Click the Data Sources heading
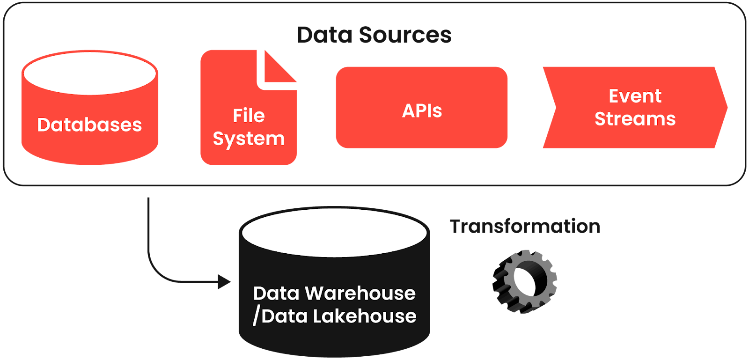(x=374, y=35)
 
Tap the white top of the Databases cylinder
(x=89, y=73)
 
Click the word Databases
(x=89, y=125)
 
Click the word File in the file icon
(x=249, y=116)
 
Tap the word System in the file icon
(x=249, y=139)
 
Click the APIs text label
(x=422, y=111)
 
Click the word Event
(x=635, y=96)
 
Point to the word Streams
(x=635, y=119)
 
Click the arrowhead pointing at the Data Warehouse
(x=224, y=282)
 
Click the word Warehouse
(x=360, y=294)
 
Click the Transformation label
(x=525, y=227)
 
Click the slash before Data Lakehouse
(x=256, y=316)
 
